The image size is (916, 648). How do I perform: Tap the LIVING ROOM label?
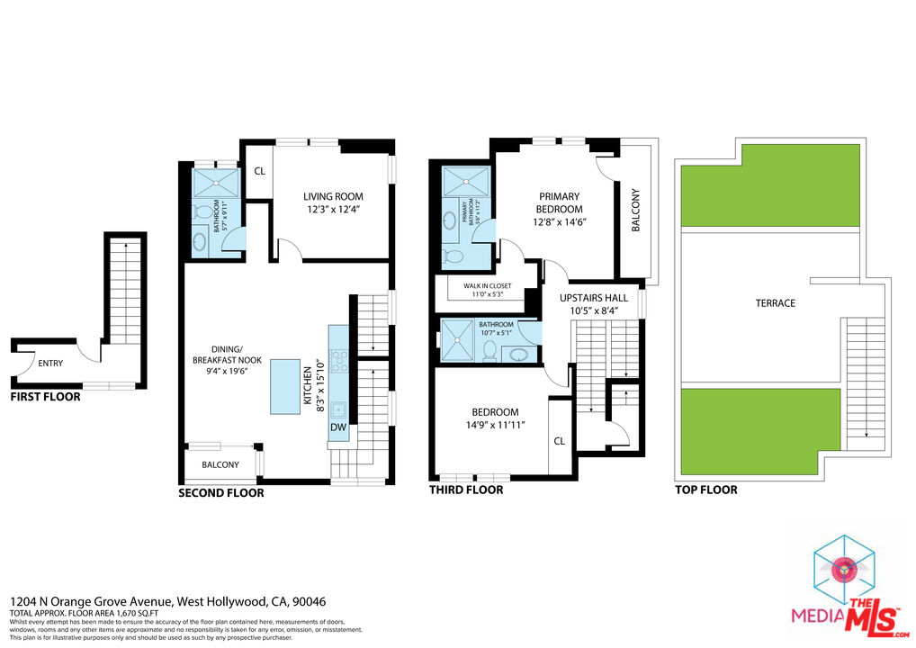tap(332, 196)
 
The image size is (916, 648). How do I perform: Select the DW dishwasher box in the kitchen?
tap(338, 427)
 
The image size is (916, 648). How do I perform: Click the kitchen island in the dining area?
tap(286, 386)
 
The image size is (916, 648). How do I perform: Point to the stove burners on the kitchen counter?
tap(339, 361)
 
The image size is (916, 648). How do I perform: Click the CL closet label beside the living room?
tap(258, 171)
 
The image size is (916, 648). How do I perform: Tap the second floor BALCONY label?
tap(220, 464)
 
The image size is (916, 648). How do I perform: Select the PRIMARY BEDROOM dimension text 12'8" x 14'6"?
tap(559, 222)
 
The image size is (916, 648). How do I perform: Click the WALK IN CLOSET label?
tap(488, 285)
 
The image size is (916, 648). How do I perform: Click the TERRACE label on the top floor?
tap(775, 303)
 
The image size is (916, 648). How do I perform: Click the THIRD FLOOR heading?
tap(465, 490)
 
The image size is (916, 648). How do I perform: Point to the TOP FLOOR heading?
tap(706, 490)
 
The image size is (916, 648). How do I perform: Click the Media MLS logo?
tap(847, 585)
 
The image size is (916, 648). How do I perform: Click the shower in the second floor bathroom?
tap(217, 184)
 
